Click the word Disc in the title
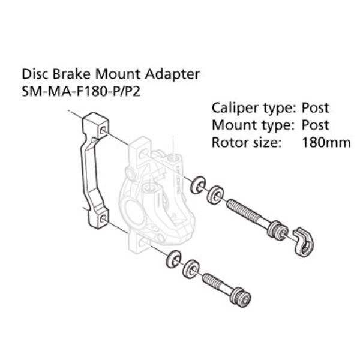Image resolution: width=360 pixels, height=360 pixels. (35, 74)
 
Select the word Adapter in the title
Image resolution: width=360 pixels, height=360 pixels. (172, 75)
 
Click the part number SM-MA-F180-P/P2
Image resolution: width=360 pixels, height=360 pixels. (81, 92)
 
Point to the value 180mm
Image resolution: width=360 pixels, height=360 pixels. (326, 143)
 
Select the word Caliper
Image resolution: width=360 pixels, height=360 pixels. (235, 108)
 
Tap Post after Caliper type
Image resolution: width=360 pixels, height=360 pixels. (315, 107)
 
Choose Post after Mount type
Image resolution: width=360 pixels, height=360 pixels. (315, 125)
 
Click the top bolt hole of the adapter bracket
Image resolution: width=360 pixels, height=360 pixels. (103, 130)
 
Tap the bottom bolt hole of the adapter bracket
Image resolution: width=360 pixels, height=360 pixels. (103, 218)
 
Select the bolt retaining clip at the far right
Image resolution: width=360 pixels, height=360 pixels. (303, 242)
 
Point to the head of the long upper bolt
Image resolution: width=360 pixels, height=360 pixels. (277, 230)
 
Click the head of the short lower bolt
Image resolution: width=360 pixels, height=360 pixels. (241, 297)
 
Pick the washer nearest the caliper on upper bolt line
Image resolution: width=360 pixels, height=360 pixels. (198, 185)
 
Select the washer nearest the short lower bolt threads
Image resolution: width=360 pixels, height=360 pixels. (191, 269)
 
